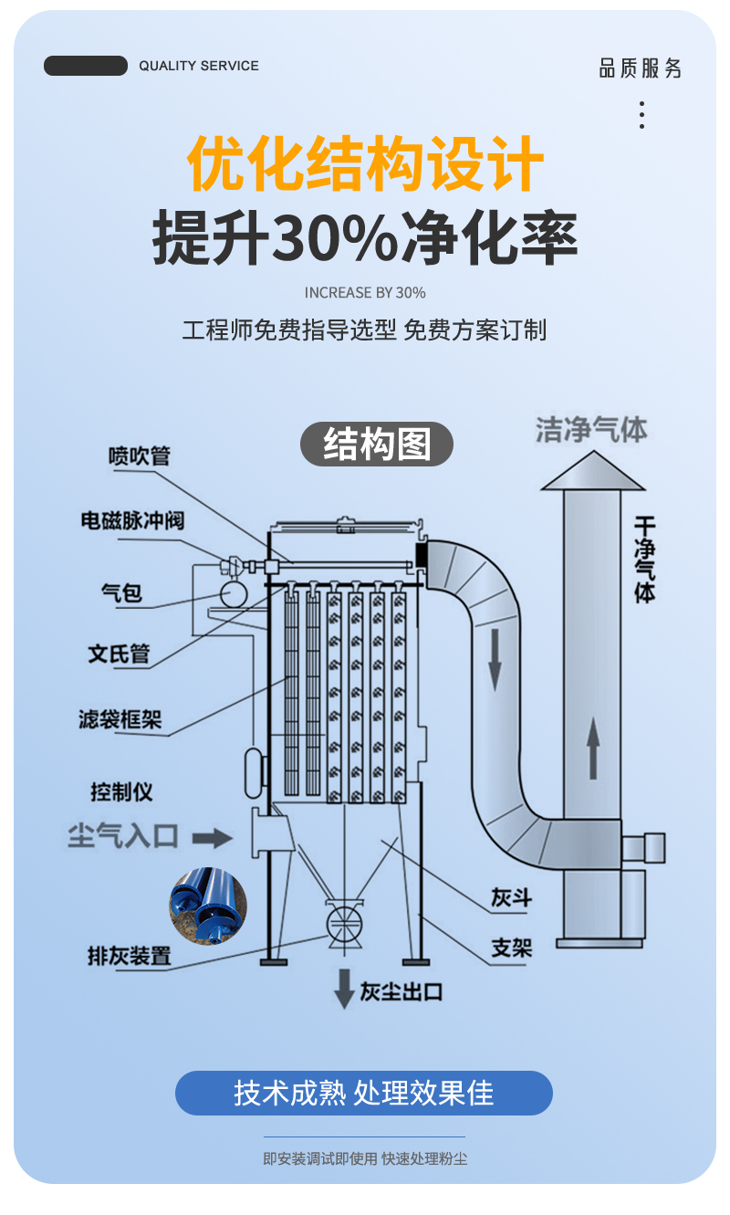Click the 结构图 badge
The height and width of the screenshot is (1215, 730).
click(377, 445)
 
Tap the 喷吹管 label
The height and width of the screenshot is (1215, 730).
click(139, 455)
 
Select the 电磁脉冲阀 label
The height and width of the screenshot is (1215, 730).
click(132, 520)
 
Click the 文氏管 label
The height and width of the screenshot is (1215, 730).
click(119, 654)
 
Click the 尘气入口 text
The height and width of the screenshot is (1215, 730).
click(123, 834)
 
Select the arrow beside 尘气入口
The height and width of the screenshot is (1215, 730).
click(213, 835)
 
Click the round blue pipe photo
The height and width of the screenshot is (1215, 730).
click(208, 906)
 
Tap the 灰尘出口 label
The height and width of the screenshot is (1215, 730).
click(401, 990)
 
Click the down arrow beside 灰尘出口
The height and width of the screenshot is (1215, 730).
click(344, 988)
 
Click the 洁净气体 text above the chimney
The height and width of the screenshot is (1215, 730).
click(591, 429)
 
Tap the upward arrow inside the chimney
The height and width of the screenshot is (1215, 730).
click(592, 747)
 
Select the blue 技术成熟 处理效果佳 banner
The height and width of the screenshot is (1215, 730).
click(364, 1093)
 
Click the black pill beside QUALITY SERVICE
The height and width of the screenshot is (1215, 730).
click(86, 66)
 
